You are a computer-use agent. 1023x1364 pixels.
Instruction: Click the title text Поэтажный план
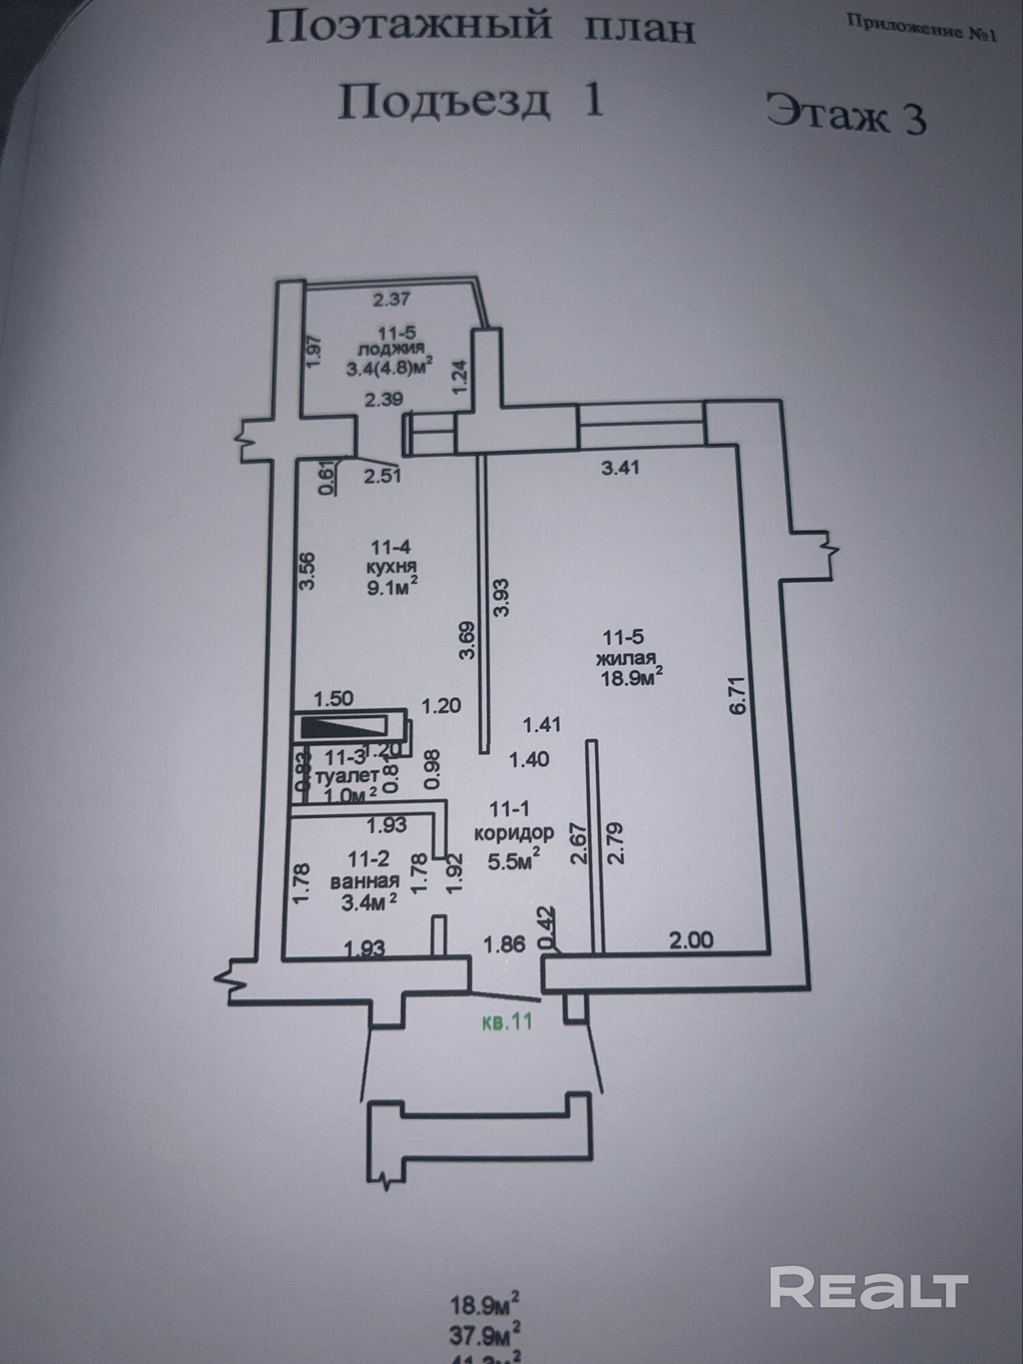tap(480, 29)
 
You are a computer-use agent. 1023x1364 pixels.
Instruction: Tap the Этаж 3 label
tap(846, 114)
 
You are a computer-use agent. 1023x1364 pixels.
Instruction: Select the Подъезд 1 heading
tap(471, 102)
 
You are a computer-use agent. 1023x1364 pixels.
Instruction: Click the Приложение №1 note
tap(921, 28)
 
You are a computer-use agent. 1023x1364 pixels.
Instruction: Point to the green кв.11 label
tap(507, 1022)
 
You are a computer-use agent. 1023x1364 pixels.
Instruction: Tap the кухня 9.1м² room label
tap(391, 567)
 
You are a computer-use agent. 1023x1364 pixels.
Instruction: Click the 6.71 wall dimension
tap(739, 695)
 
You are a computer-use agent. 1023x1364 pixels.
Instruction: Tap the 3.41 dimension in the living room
tap(620, 468)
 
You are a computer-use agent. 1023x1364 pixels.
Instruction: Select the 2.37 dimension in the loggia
tap(391, 299)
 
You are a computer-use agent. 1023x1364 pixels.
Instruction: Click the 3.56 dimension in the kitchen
tap(308, 570)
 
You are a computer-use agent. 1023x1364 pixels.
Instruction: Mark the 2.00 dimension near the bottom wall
tap(691, 940)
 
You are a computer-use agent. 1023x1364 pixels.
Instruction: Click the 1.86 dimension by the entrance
tap(504, 945)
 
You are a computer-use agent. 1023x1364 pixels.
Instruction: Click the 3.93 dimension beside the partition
tap(501, 597)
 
